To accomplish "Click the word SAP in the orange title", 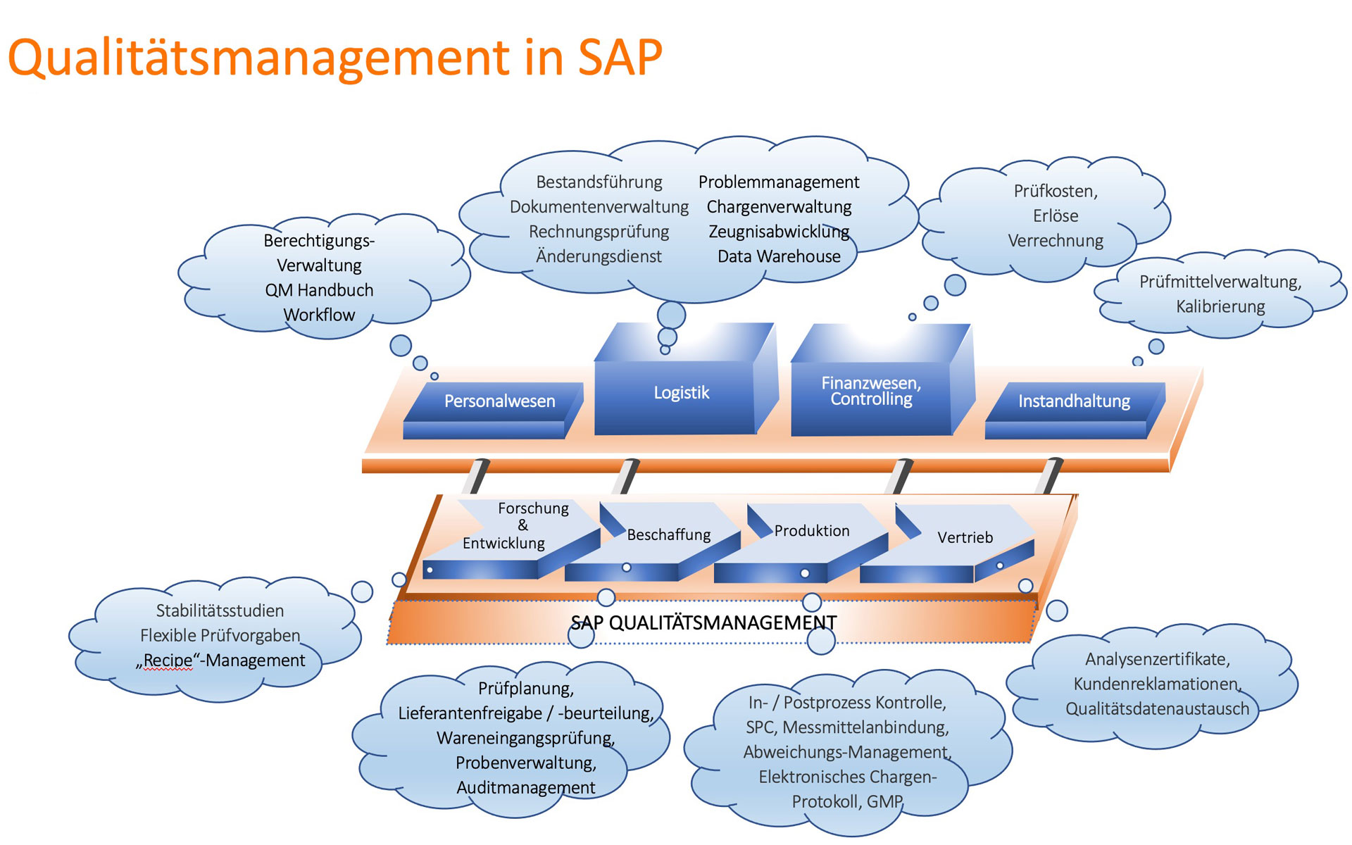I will click(620, 58).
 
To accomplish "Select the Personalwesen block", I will click(499, 401).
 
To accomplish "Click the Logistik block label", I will click(681, 393).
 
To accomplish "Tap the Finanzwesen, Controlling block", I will click(871, 392).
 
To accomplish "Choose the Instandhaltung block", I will click(1074, 401).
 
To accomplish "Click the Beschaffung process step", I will click(668, 535).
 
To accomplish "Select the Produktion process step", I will click(812, 531).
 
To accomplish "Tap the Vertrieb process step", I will click(965, 538).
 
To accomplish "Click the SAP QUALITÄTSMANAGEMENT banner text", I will click(703, 623).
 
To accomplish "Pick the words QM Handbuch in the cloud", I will click(319, 290).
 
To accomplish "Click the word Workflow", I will click(319, 315).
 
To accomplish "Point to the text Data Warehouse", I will click(779, 256).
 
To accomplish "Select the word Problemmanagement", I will click(779, 182).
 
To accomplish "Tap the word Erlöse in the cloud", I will click(1056, 216).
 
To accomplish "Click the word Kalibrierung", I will click(1220, 307).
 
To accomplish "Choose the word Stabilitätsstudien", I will click(220, 611).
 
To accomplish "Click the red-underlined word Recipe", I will click(168, 661).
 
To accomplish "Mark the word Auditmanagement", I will click(525, 788).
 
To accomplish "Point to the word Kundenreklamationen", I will click(1156, 684).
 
